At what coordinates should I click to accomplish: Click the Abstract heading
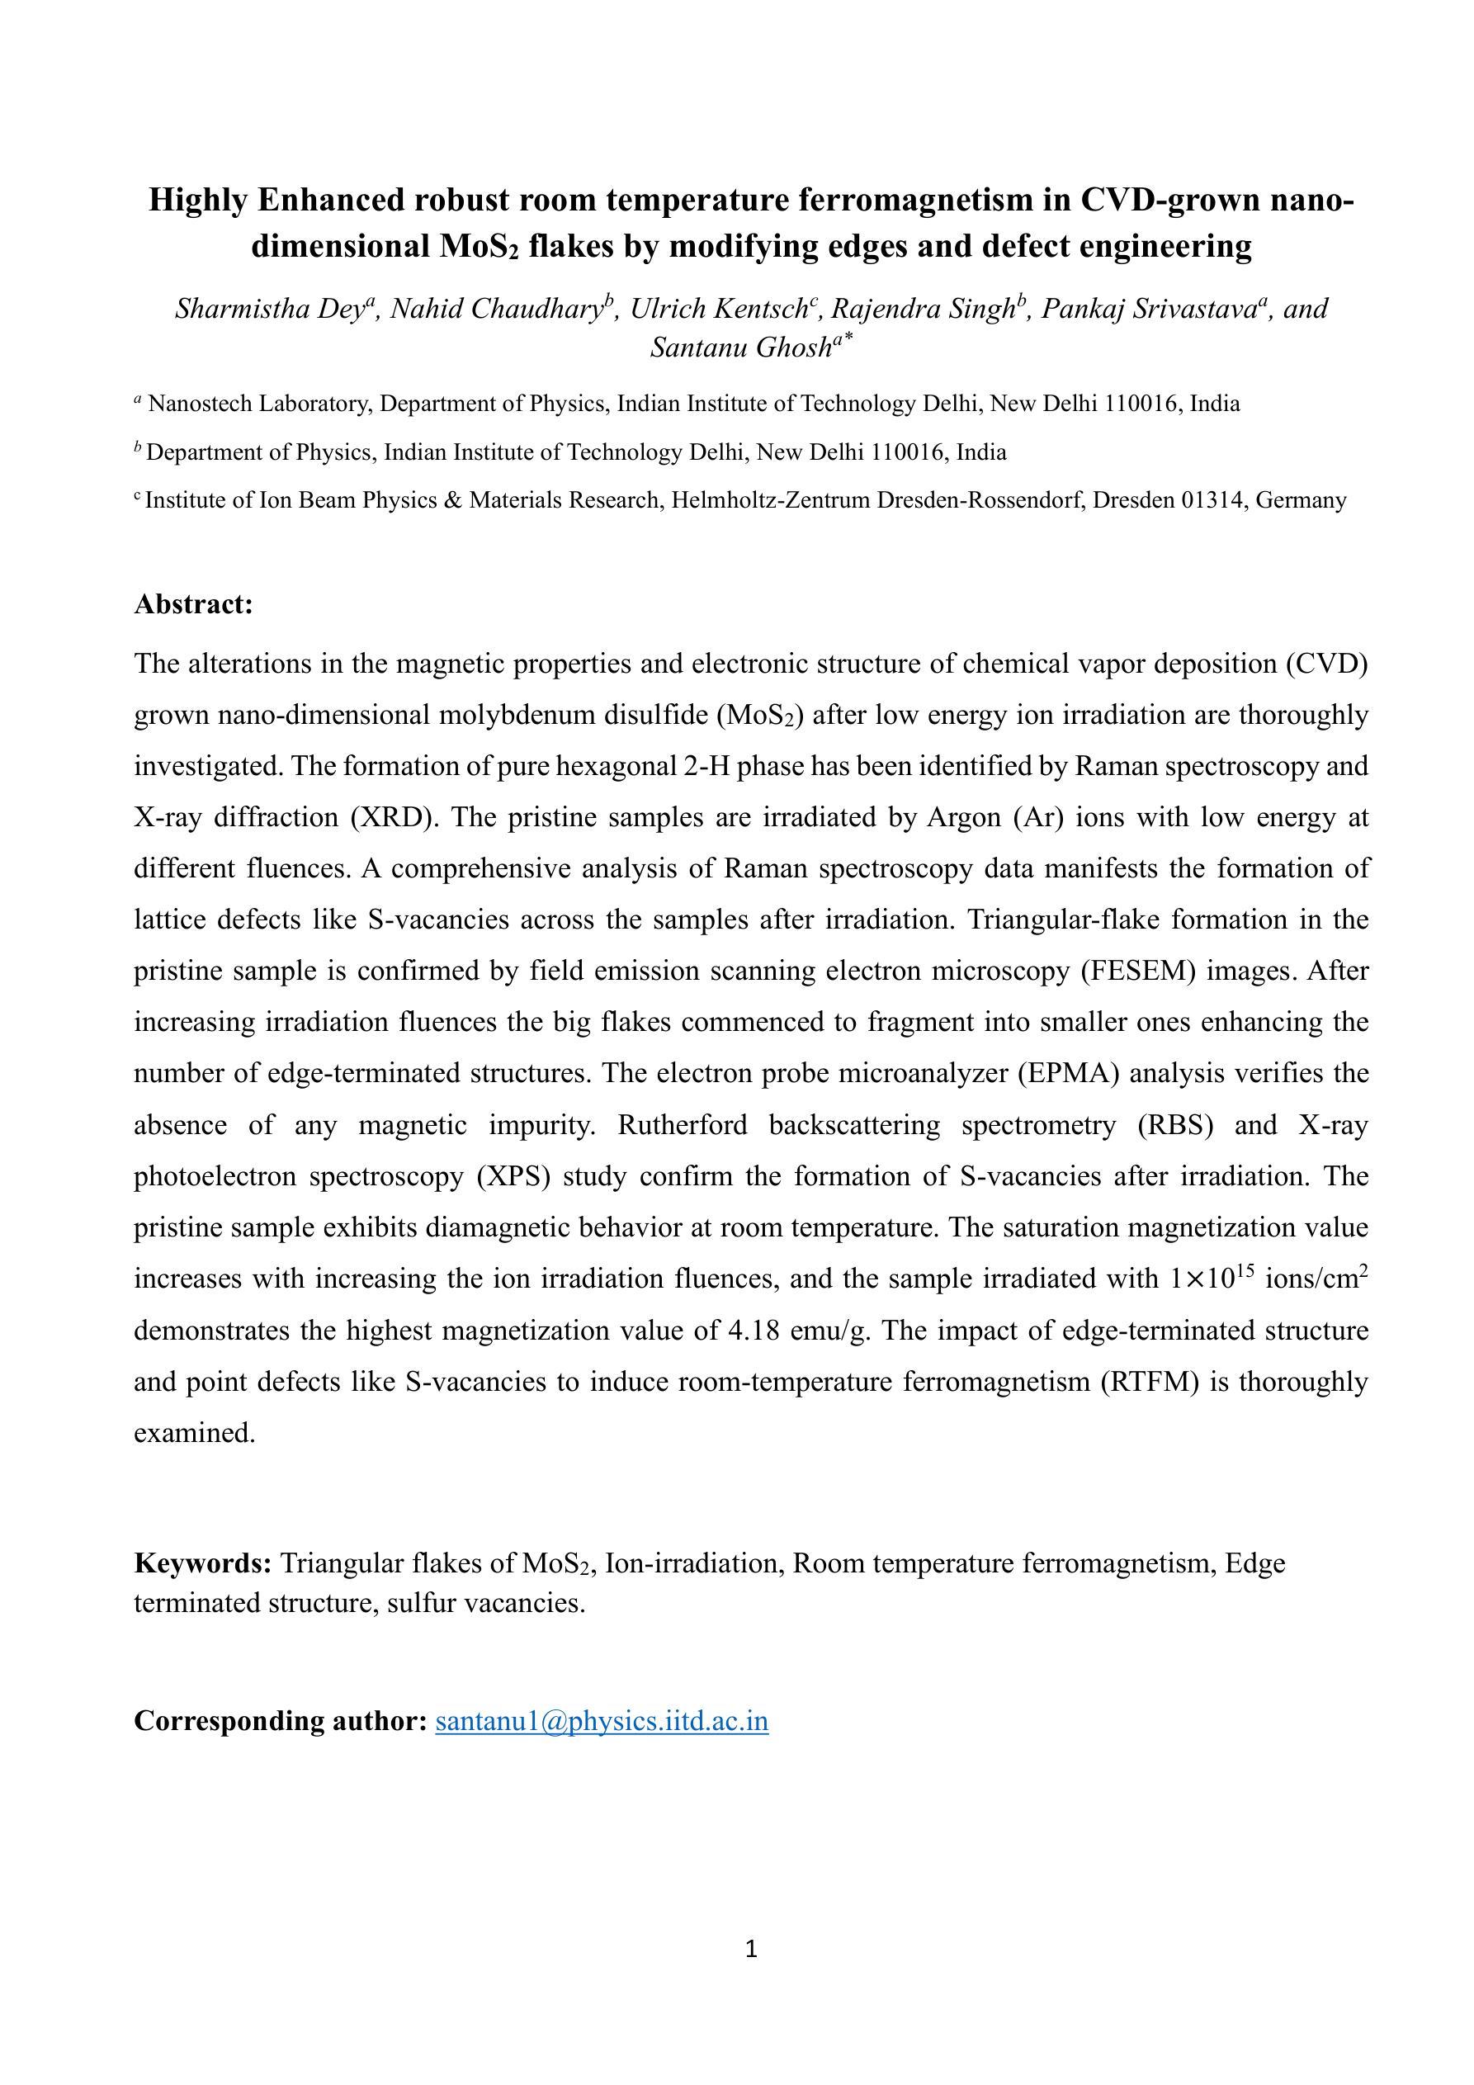tap(192, 604)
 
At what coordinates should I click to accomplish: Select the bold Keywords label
tap(202, 1563)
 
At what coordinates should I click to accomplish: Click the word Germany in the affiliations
tap(1302, 500)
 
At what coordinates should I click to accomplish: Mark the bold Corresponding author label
tap(280, 1720)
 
